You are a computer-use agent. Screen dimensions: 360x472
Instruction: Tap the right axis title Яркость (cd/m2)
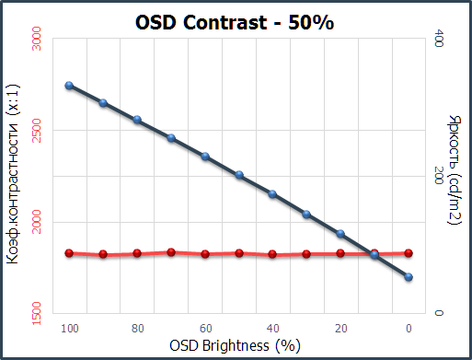point(455,169)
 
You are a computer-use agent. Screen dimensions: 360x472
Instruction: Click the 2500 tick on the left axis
point(37,131)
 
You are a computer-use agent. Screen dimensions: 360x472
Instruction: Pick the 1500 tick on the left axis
point(37,313)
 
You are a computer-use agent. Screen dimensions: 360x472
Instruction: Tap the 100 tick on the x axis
point(69,328)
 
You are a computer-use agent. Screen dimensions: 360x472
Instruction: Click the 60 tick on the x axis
point(205,328)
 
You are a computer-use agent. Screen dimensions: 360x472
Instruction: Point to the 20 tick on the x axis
point(340,328)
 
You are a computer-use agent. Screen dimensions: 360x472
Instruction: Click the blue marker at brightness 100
point(69,86)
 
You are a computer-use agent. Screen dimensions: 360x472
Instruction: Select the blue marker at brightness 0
point(409,276)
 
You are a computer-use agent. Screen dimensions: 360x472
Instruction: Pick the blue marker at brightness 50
point(239,175)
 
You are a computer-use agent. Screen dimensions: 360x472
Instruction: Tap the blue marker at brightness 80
point(137,120)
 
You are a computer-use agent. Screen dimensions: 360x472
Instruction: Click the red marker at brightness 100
point(69,252)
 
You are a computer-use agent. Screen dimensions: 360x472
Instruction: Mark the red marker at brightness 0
point(409,252)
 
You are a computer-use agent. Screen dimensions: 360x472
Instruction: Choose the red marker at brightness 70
point(171,251)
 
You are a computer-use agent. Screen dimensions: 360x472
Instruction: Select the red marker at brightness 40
point(272,254)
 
